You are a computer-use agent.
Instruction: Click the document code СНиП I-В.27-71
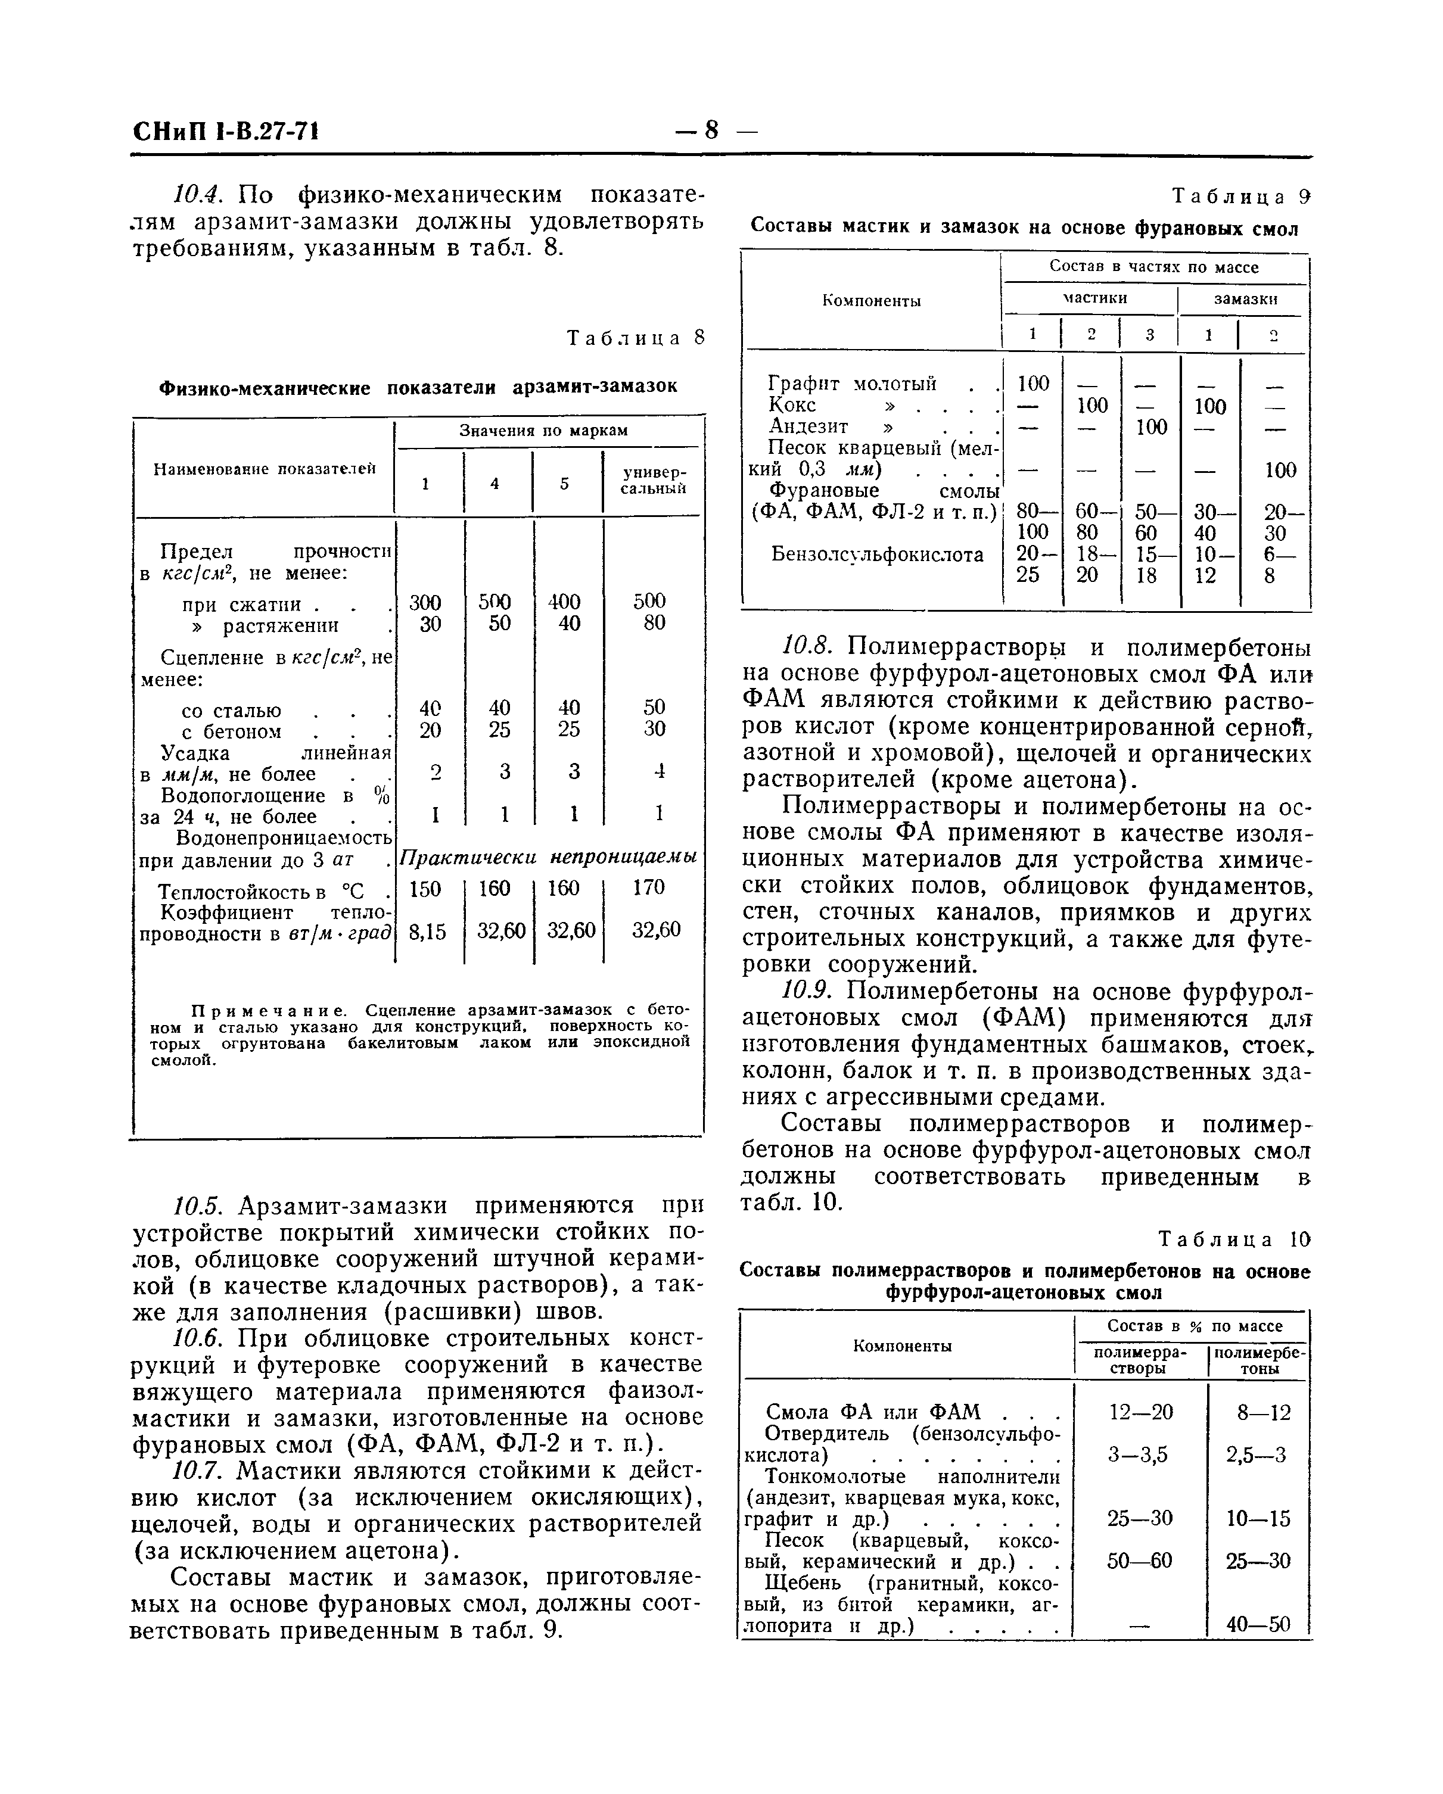[226, 132]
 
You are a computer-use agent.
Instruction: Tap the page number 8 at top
[711, 130]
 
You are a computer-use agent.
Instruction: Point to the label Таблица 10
[1234, 1240]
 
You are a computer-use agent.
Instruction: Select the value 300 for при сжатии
[425, 602]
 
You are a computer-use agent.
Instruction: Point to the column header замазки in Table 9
[1245, 300]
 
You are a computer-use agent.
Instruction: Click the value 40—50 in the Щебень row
[1258, 1624]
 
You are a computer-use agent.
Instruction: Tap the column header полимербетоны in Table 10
[1259, 1362]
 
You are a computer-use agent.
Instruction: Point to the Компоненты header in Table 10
[902, 1346]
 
